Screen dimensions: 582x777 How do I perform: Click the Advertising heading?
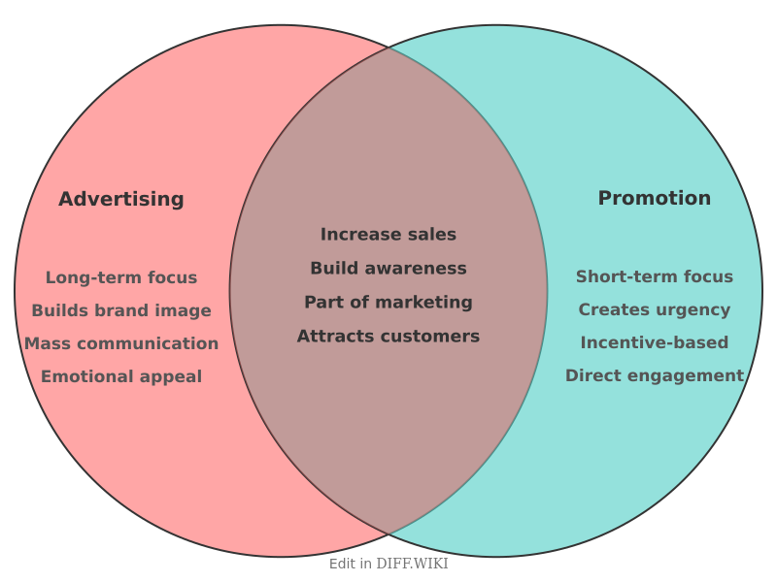click(121, 200)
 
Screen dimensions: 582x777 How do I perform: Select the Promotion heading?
click(654, 199)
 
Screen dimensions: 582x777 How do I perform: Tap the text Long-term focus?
click(121, 278)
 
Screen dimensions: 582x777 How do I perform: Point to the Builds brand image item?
click(121, 311)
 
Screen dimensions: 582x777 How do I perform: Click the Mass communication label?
click(121, 344)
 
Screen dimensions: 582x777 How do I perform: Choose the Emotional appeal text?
click(121, 377)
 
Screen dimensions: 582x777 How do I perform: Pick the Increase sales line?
click(388, 235)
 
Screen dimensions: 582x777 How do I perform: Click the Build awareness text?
click(388, 269)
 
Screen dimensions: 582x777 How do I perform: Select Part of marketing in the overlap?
click(388, 303)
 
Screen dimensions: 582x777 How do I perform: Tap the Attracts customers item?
click(388, 337)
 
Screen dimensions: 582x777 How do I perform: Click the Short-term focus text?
click(655, 277)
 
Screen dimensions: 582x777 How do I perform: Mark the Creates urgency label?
click(655, 310)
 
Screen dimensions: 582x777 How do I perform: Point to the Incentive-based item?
click(655, 343)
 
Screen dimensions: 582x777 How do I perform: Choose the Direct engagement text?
click(655, 376)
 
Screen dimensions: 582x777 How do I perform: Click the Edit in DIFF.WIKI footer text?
click(388, 564)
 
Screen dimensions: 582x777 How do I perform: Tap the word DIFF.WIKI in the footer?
click(413, 564)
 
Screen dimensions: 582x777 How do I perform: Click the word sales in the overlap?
click(432, 235)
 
